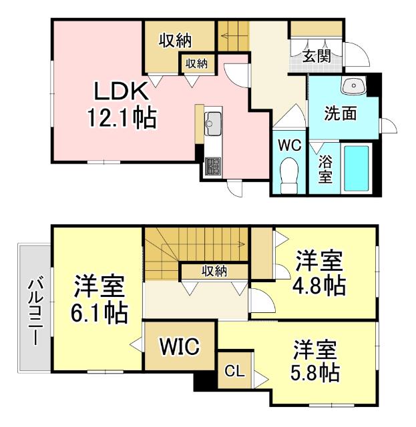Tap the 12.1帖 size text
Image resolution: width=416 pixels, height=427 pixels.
coord(121,118)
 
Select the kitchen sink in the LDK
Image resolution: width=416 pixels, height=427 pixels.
coord(214,123)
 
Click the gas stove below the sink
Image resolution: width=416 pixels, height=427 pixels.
coord(214,165)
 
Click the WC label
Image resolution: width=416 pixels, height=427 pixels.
coord(289,144)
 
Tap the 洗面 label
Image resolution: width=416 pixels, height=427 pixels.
coord(340,113)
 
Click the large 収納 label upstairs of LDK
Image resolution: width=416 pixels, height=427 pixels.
coord(175,41)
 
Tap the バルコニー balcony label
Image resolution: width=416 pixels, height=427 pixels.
coord(32,311)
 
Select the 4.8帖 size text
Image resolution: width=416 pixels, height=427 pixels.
coord(319,286)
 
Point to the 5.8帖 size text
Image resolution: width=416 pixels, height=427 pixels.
coord(315,371)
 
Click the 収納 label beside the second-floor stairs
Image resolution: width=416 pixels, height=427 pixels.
coord(214,270)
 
